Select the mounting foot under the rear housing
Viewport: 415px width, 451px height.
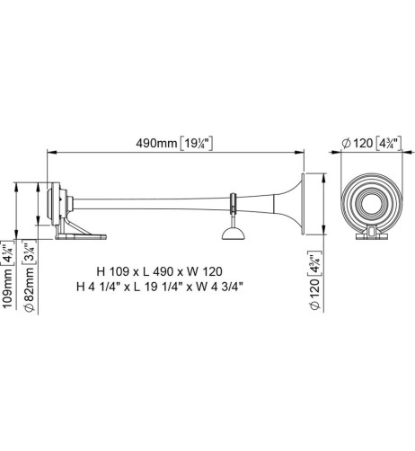79,234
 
